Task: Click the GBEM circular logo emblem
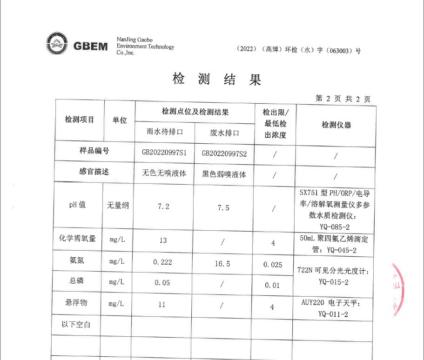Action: [56, 45]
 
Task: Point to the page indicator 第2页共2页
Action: [343, 99]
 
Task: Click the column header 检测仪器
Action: [336, 125]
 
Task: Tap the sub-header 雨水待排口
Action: [165, 132]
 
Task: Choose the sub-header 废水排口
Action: [224, 133]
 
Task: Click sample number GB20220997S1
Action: [164, 153]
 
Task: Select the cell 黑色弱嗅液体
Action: [224, 174]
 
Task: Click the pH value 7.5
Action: [223, 207]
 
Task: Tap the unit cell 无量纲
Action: [118, 205]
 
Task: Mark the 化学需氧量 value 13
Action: [163, 240]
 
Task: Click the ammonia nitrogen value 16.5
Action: [222, 264]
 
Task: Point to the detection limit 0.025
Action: [273, 265]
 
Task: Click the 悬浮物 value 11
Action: [162, 305]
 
